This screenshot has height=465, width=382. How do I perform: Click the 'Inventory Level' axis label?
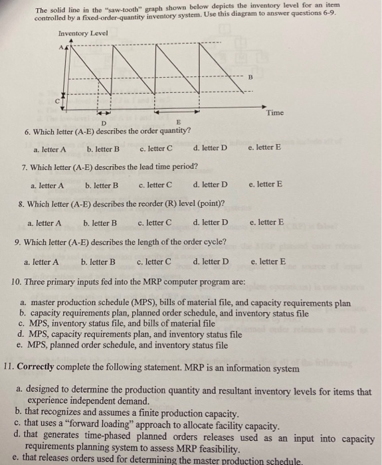coord(83,33)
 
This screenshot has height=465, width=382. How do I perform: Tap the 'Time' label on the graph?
coord(274,113)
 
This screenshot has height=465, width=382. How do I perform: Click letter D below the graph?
coord(103,122)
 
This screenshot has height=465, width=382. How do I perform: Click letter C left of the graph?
coord(56,97)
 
